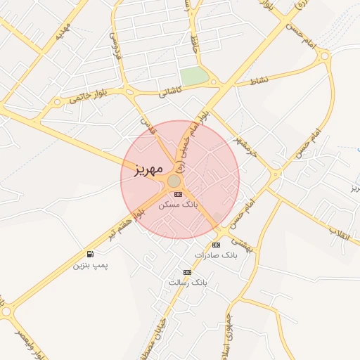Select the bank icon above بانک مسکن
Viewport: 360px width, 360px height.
178,193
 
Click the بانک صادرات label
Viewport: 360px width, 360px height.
216,255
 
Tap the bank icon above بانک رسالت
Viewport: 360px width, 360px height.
187,271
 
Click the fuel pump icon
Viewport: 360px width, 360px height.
90,254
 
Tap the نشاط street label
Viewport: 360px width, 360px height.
259,81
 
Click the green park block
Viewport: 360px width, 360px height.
194,75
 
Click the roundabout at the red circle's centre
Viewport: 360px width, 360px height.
174,181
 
